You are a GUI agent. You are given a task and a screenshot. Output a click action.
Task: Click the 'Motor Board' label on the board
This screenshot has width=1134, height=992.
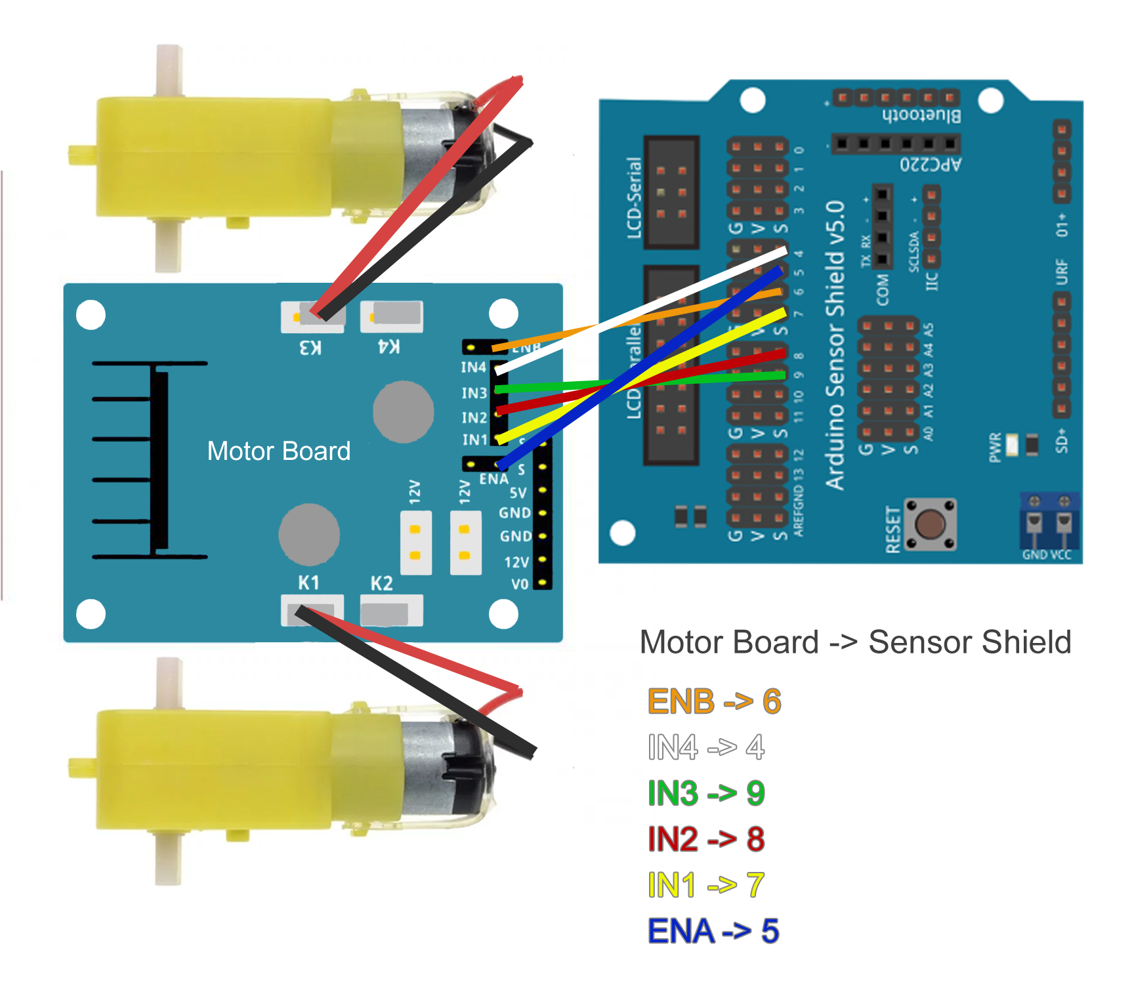point(279,451)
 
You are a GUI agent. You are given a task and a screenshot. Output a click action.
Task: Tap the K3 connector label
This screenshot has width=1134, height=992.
point(310,348)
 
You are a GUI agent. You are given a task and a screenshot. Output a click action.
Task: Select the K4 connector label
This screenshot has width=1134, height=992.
point(389,346)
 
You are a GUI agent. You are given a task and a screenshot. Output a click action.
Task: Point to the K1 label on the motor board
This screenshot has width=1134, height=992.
point(309,583)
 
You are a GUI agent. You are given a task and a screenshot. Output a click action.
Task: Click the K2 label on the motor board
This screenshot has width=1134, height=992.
point(382,583)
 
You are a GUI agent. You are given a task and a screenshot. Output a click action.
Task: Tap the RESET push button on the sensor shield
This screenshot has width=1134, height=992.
point(930,524)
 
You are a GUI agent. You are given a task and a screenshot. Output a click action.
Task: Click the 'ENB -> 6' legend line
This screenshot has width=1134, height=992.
point(714,701)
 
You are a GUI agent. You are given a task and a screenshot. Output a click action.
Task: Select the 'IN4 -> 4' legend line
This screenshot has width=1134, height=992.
point(706,747)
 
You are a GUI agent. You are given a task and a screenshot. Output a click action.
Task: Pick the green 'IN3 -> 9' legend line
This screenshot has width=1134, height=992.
point(706,793)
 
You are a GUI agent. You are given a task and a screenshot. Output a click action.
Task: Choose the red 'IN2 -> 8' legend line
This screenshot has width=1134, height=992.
point(706,839)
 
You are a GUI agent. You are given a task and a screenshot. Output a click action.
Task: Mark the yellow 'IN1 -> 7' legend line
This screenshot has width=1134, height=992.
point(706,885)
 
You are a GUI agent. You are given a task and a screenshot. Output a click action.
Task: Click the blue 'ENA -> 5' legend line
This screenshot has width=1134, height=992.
point(713,931)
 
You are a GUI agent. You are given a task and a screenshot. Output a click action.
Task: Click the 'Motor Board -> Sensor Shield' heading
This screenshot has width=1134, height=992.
point(855,642)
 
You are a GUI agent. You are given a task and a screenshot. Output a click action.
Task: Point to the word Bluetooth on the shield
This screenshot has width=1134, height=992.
point(921,115)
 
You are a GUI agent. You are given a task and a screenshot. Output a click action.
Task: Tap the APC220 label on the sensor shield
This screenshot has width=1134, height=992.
point(930,164)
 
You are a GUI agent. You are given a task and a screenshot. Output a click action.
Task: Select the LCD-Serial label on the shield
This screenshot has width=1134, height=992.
point(633,197)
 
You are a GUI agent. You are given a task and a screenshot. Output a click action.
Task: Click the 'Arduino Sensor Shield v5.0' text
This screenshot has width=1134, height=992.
point(835,344)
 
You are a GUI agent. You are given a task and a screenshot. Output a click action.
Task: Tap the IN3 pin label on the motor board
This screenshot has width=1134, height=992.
point(474,393)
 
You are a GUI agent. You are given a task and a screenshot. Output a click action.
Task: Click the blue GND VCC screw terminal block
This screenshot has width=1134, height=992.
point(1049,522)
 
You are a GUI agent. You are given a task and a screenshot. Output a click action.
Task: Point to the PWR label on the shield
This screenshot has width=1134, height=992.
point(996,447)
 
